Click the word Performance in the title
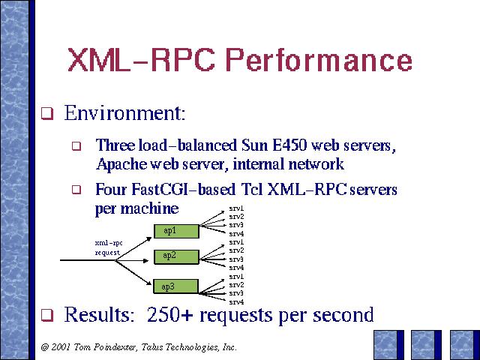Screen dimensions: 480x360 pyautogui.click(x=319, y=60)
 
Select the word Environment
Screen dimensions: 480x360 pyautogui.click(x=124, y=112)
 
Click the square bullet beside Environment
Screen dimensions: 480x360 pyautogui.click(x=47, y=113)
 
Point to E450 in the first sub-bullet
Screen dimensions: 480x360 pyautogui.click(x=289, y=145)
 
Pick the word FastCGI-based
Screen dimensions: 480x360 pyautogui.click(x=183, y=189)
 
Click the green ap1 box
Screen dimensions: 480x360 pyautogui.click(x=176, y=231)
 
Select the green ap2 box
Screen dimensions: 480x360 pyautogui.click(x=176, y=256)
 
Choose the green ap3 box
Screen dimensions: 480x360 pyautogui.click(x=176, y=286)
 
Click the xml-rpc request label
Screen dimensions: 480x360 pyautogui.click(x=109, y=247)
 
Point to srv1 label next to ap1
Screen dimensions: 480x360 pyautogui.click(x=237, y=208)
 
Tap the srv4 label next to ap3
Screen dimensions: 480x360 pyautogui.click(x=237, y=302)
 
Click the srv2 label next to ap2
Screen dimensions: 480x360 pyautogui.click(x=237, y=250)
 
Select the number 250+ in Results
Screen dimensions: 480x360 pyautogui.click(x=170, y=314)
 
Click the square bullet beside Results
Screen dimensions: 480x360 pyautogui.click(x=47, y=315)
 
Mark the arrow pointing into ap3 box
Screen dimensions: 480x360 pyautogui.click(x=133, y=273)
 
